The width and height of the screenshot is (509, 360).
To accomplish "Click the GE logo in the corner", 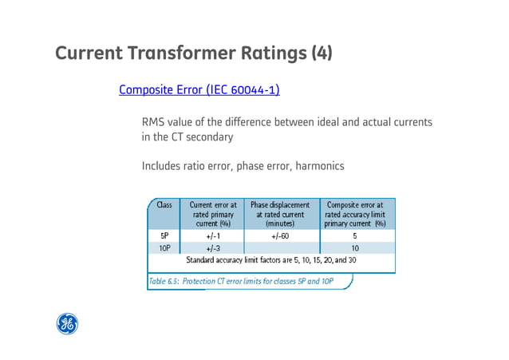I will pyautogui.click(x=67, y=323).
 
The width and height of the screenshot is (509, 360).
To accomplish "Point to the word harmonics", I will pyautogui.click(x=319, y=166).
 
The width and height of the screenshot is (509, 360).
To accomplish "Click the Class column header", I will pyautogui.click(x=164, y=205).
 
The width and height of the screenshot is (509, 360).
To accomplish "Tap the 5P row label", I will pyautogui.click(x=164, y=236).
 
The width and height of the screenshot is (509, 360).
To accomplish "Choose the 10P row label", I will pyautogui.click(x=164, y=248).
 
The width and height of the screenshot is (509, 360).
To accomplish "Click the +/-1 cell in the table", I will pyautogui.click(x=213, y=236).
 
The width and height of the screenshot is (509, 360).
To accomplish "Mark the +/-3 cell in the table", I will pyautogui.click(x=213, y=248).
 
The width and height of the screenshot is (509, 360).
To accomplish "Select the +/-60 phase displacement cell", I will pyautogui.click(x=279, y=236).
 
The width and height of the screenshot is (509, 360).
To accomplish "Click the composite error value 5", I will pyautogui.click(x=355, y=236).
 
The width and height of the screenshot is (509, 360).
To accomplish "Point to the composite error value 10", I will pyautogui.click(x=355, y=248).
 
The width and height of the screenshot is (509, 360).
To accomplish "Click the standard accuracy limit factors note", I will pyautogui.click(x=271, y=260).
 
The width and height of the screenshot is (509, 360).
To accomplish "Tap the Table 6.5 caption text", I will pyautogui.click(x=239, y=280).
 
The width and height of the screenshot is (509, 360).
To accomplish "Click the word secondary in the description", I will pyautogui.click(x=208, y=137).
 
